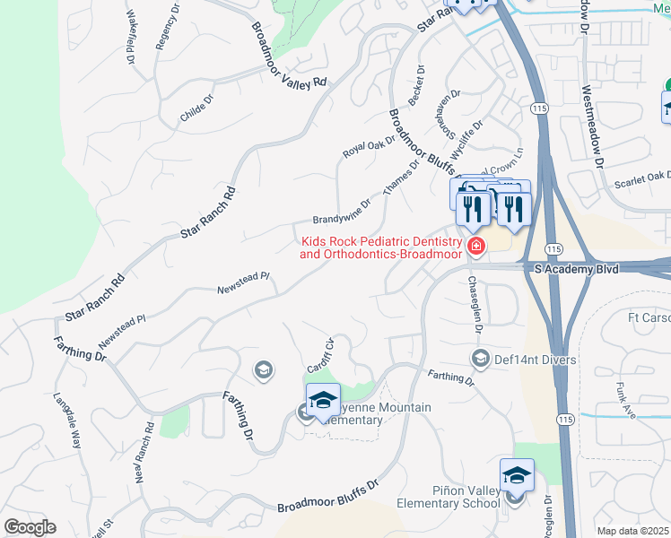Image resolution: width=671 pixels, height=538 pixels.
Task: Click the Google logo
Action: [29, 527]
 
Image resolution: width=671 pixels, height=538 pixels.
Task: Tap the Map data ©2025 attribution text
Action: [633, 531]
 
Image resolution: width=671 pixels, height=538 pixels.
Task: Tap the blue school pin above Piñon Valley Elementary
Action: [517, 474]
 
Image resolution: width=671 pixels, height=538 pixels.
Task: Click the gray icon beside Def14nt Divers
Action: [479, 359]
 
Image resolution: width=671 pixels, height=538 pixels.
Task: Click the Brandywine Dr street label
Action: [342, 213]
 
